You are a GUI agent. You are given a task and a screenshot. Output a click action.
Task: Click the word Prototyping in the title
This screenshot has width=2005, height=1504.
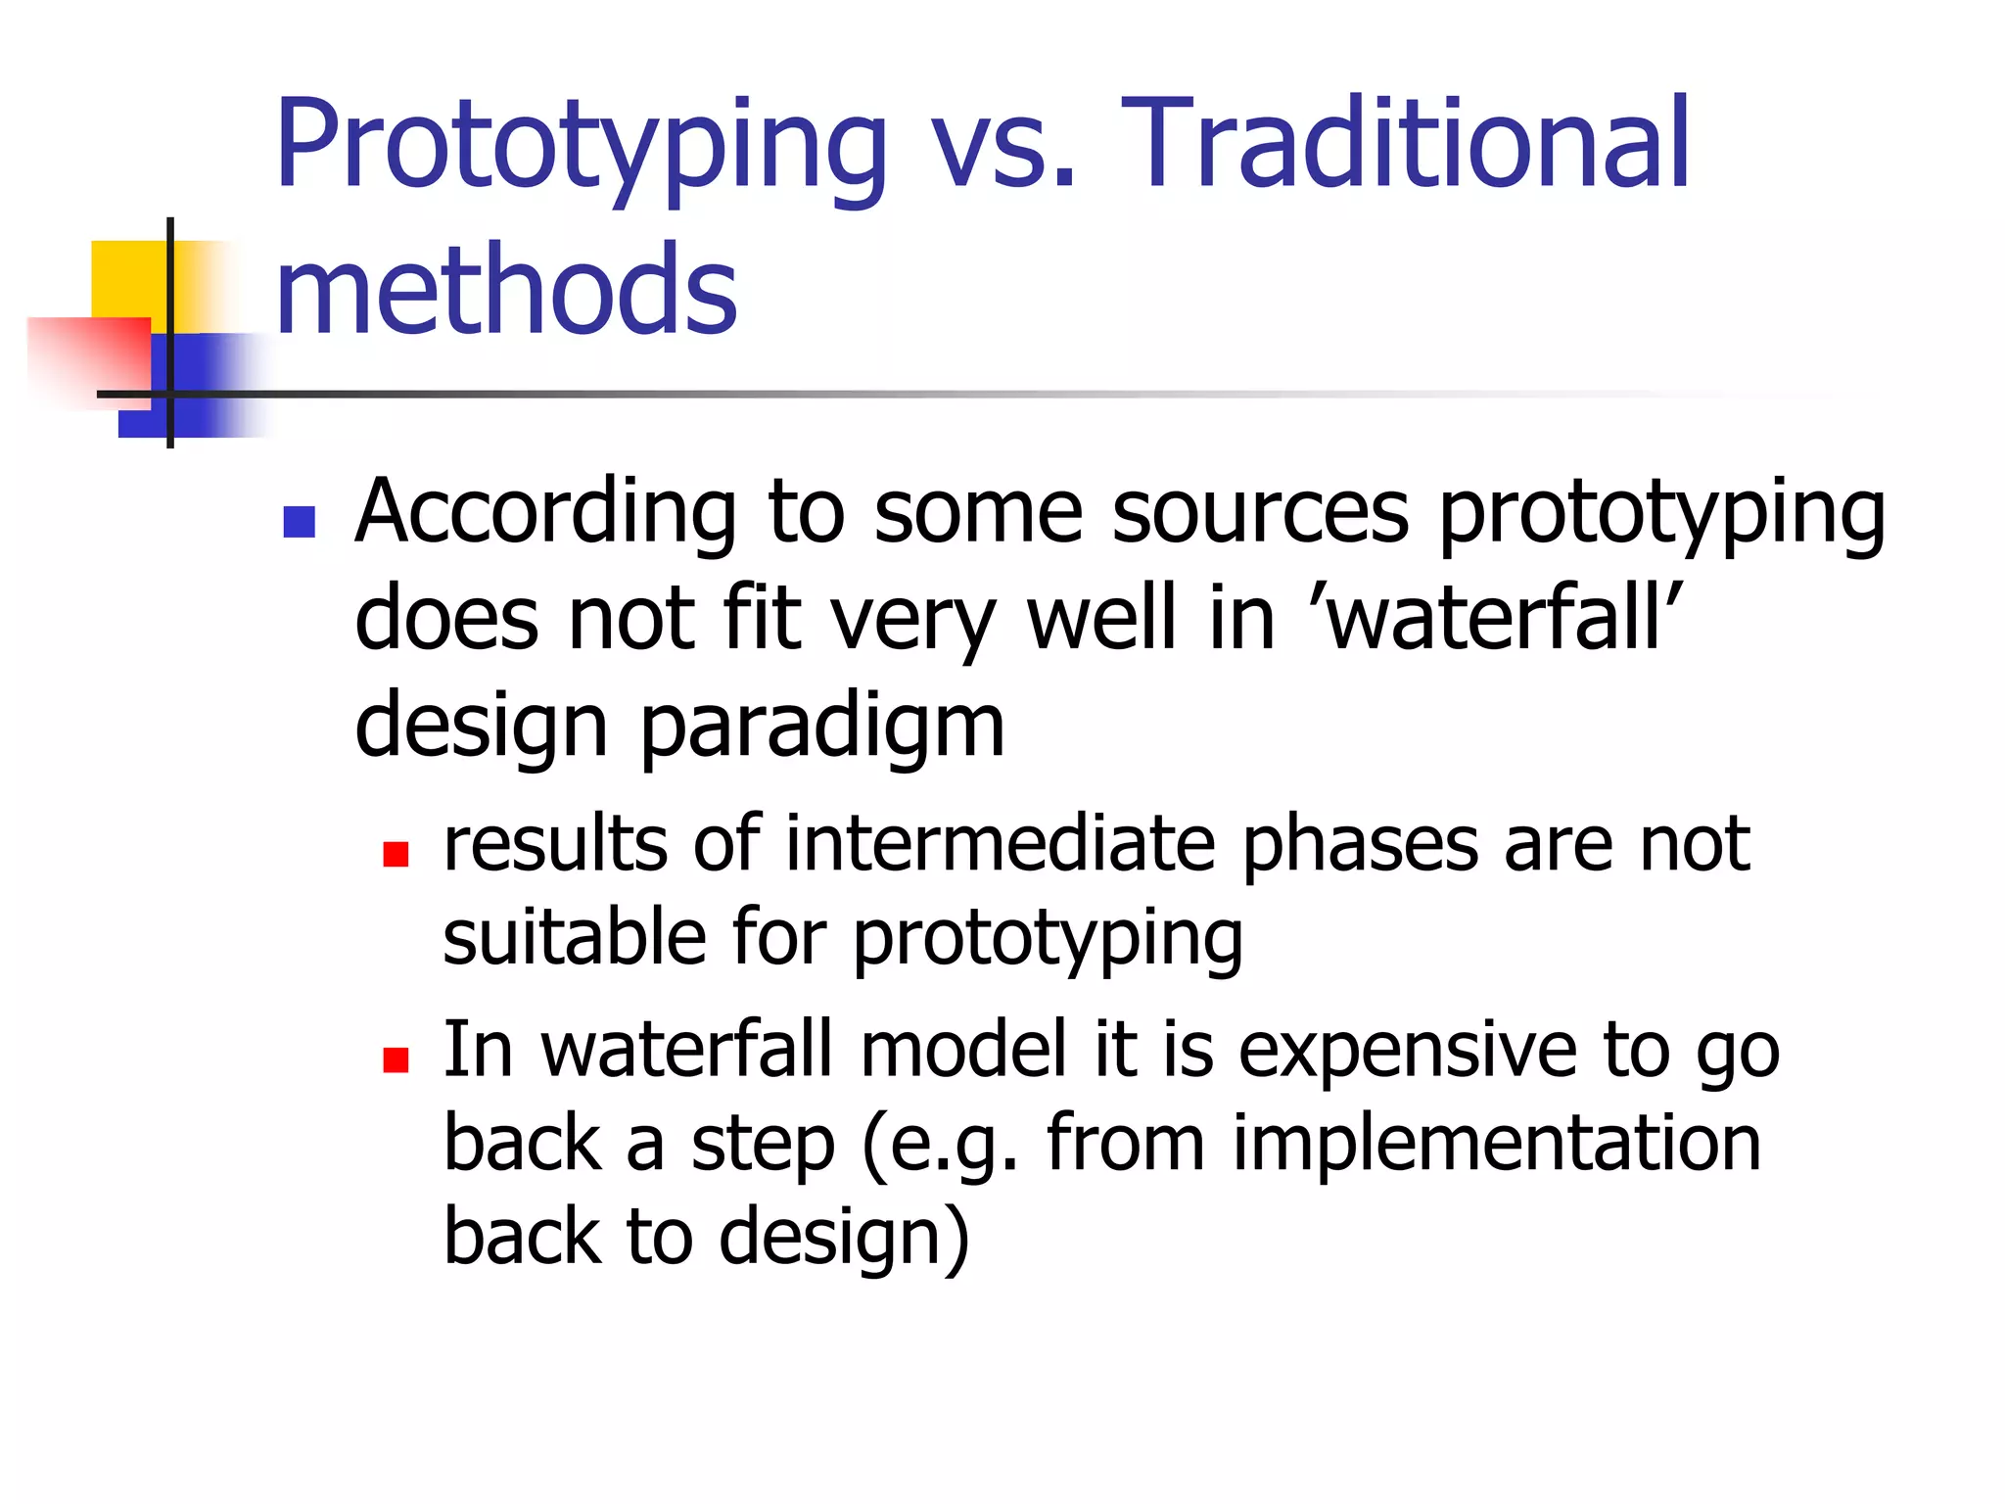pos(580,147)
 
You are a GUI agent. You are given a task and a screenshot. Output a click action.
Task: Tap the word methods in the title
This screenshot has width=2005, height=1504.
pos(506,290)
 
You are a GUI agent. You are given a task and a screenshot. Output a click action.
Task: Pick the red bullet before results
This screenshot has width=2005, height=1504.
pos(396,855)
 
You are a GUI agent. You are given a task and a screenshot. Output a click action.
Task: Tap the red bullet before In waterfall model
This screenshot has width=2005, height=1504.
pos(396,1060)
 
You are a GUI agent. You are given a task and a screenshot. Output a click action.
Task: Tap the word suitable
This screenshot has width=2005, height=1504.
pos(574,936)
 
